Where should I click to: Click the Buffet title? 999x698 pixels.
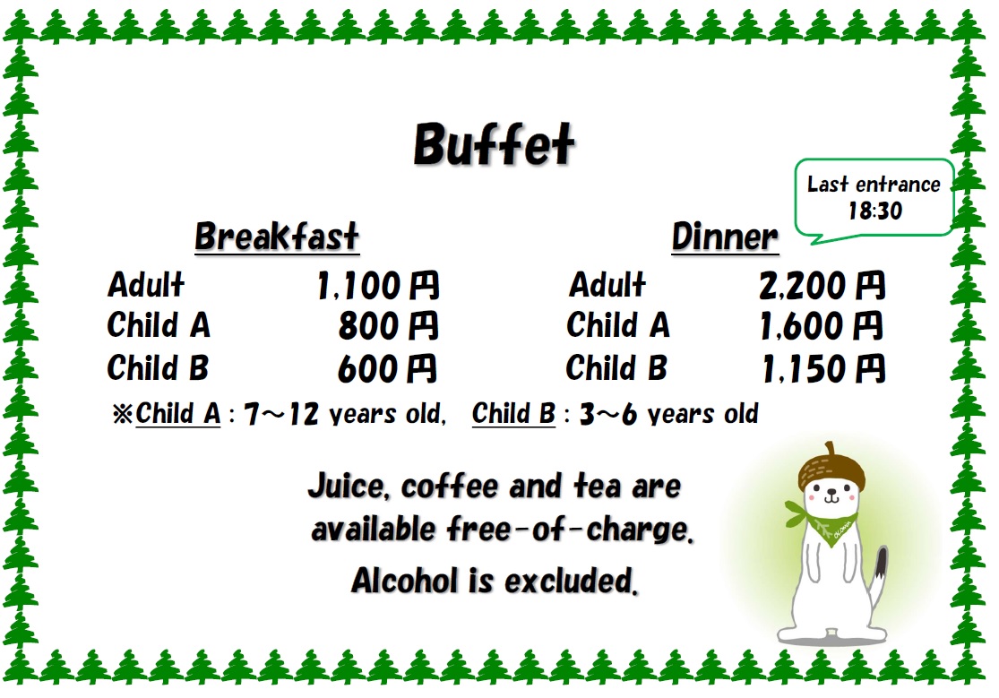[494, 144]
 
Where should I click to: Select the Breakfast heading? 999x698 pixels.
[277, 237]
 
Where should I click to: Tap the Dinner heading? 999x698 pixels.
[725, 237]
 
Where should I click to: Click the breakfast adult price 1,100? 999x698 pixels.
[359, 286]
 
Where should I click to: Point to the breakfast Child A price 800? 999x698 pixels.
[369, 326]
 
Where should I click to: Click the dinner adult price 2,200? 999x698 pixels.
[803, 286]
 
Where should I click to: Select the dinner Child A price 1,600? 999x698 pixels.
[803, 326]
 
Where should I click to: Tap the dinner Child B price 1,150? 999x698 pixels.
[804, 369]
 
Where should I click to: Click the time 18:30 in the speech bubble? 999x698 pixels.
[874, 211]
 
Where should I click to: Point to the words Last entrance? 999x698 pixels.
[874, 185]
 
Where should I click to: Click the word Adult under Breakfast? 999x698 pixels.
[146, 284]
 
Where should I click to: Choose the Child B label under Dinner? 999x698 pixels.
[616, 367]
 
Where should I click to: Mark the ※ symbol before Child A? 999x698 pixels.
[123, 414]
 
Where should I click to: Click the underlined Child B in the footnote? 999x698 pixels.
[513, 414]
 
